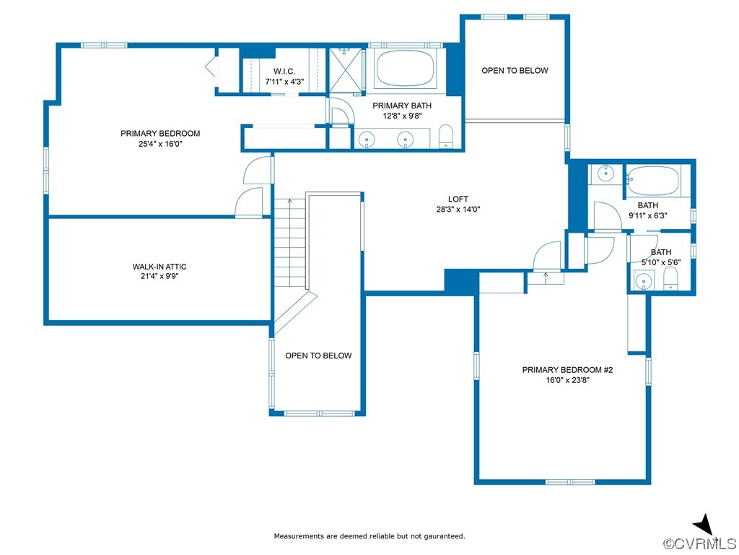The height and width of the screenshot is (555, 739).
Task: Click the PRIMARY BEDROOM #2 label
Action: click(567, 370)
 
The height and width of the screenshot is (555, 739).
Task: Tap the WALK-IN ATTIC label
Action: click(159, 267)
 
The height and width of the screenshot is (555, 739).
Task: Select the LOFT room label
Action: click(458, 199)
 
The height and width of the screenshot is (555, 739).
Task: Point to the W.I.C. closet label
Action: click(284, 72)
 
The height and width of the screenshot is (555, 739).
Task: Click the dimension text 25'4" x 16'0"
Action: click(160, 144)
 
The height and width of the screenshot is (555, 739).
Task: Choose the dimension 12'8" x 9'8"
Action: click(401, 116)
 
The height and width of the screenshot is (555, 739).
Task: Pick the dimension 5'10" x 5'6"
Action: click(661, 262)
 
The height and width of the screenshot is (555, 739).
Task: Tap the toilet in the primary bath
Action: click(445, 137)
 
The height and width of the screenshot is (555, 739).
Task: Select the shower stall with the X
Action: click(346, 69)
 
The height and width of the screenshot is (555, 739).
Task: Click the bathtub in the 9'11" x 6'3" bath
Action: click(653, 181)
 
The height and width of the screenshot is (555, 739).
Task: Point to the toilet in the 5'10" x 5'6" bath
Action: click(670, 279)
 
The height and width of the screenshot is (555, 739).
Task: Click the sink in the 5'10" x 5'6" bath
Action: click(642, 281)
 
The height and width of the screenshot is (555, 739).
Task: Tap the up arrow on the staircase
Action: click(290, 204)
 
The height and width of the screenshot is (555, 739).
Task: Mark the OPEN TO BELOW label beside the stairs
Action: click(318, 356)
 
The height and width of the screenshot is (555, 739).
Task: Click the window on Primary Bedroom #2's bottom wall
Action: click(570, 482)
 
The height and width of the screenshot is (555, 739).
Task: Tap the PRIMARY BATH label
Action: click(401, 106)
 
